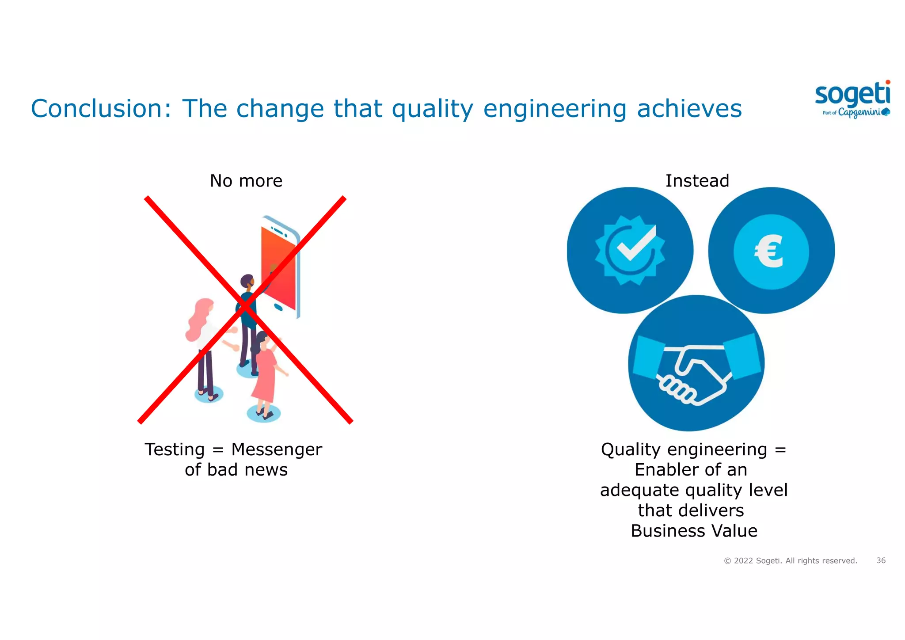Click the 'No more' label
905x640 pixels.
[x=246, y=181]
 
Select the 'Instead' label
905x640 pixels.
[x=697, y=181]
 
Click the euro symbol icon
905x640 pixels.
[x=770, y=252]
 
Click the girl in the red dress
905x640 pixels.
[x=265, y=371]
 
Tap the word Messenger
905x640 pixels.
[x=277, y=450]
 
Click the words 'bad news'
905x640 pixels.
[x=247, y=470]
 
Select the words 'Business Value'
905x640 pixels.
[x=694, y=531]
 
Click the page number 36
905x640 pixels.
[x=881, y=560]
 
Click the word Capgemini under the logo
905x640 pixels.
[x=859, y=112]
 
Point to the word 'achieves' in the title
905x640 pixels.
[x=689, y=109]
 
